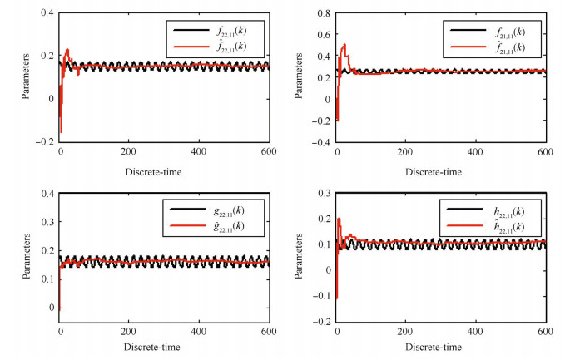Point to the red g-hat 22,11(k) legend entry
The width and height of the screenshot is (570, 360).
[221, 225]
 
